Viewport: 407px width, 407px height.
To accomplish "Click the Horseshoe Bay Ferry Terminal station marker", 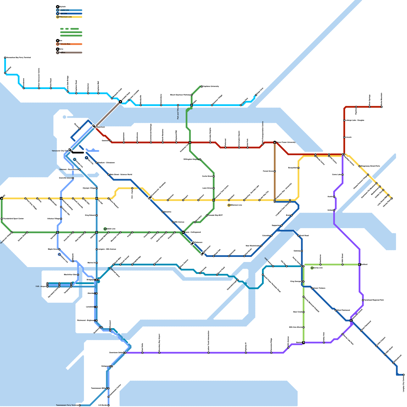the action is click(x=5, y=58).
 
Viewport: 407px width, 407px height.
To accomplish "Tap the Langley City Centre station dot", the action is click(x=403, y=375).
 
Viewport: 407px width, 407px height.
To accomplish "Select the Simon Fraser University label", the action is click(x=286, y=142).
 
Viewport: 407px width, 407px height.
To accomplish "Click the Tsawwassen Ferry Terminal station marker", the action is click(x=80, y=405).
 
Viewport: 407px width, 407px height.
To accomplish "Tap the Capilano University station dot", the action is click(x=202, y=86).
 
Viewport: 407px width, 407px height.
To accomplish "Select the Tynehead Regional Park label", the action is click(x=374, y=300).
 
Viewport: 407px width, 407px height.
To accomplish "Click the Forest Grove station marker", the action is click(x=275, y=171).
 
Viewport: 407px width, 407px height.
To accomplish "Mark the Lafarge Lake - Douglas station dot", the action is click(x=344, y=120).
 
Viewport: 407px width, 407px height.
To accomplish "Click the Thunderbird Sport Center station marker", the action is click(x=2, y=219).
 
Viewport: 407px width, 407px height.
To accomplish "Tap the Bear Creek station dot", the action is click(x=303, y=312).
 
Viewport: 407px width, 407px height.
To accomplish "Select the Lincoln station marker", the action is click(x=344, y=137).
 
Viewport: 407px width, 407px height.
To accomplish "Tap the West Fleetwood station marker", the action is click(x=336, y=310).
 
